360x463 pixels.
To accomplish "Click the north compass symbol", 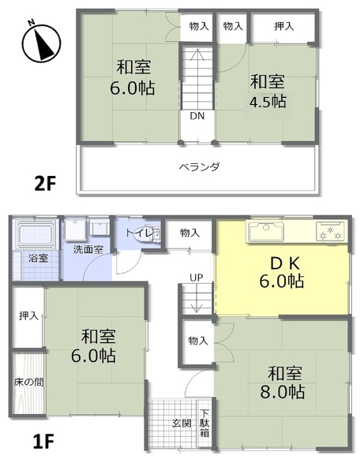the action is pos(41,42).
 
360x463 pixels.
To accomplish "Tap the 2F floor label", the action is pos(45,184).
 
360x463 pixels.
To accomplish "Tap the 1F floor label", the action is pos(43,441).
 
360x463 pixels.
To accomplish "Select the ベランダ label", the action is pos(200,167).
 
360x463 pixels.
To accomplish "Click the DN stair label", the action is pos(197,116).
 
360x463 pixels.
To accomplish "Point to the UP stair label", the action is pos(197,278).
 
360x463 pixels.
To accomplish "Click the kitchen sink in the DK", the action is pos(267,231).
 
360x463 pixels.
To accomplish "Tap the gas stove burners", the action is pos(331,231).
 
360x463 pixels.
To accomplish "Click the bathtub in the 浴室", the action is pos(36,234).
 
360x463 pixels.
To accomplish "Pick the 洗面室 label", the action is pos(88,250).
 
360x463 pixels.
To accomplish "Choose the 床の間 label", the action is pos(28,382).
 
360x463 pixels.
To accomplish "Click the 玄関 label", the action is pos(182,423).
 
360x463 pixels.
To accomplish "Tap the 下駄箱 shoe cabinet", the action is pos(204,423).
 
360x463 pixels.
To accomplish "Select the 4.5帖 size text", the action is pos(268,102).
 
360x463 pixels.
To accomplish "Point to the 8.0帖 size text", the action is pos(283,392).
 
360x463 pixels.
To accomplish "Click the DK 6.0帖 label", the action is pos(282,272).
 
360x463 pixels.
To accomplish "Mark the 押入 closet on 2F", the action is pos(283,27).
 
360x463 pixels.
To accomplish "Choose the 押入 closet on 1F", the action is pos(28,316).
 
